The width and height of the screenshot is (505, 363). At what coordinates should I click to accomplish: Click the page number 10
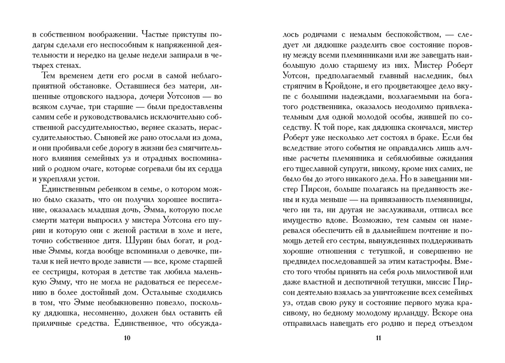pyautogui.click(x=128, y=338)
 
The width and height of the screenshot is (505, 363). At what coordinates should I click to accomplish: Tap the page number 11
pyautogui.click(x=378, y=338)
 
